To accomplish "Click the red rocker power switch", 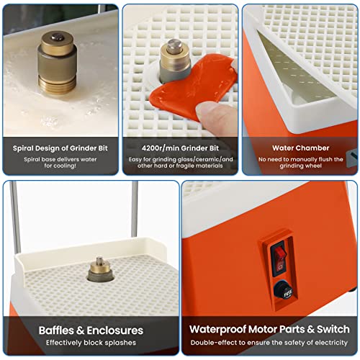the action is coord(279,259).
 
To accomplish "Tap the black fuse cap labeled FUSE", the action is coord(285,291).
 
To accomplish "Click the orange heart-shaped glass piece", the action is coord(193,85).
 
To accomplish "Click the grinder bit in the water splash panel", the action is coord(57,63).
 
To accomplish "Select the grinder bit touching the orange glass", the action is coord(175,61).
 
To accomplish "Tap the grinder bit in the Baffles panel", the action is coord(100,269).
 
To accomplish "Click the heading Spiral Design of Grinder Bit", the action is coord(60,148).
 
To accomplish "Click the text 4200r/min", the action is coord(161,148).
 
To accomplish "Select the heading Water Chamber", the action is coord(301,148).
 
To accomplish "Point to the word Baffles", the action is coord(56,330).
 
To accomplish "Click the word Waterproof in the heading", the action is coord(217,330).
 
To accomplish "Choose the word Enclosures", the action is coord(115,330).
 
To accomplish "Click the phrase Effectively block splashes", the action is coord(91,343).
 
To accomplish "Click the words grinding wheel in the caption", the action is coord(301,166).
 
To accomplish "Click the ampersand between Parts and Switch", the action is coord(310,330).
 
